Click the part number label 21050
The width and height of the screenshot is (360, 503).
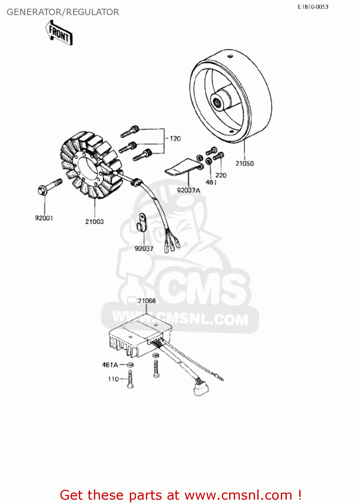244,163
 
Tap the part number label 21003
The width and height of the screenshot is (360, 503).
94,222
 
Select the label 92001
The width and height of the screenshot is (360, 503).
44,218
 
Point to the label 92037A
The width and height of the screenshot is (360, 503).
189,190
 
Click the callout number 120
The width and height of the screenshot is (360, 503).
175,138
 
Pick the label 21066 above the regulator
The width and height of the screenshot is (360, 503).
147,301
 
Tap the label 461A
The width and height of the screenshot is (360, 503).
110,365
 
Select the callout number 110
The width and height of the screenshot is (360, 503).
113,379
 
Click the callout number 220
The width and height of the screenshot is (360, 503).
221,175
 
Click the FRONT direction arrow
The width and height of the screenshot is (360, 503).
59,33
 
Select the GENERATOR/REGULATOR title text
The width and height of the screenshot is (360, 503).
63,12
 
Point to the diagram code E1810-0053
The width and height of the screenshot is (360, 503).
313,7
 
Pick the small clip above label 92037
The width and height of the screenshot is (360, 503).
142,221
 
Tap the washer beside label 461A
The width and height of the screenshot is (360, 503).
131,365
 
